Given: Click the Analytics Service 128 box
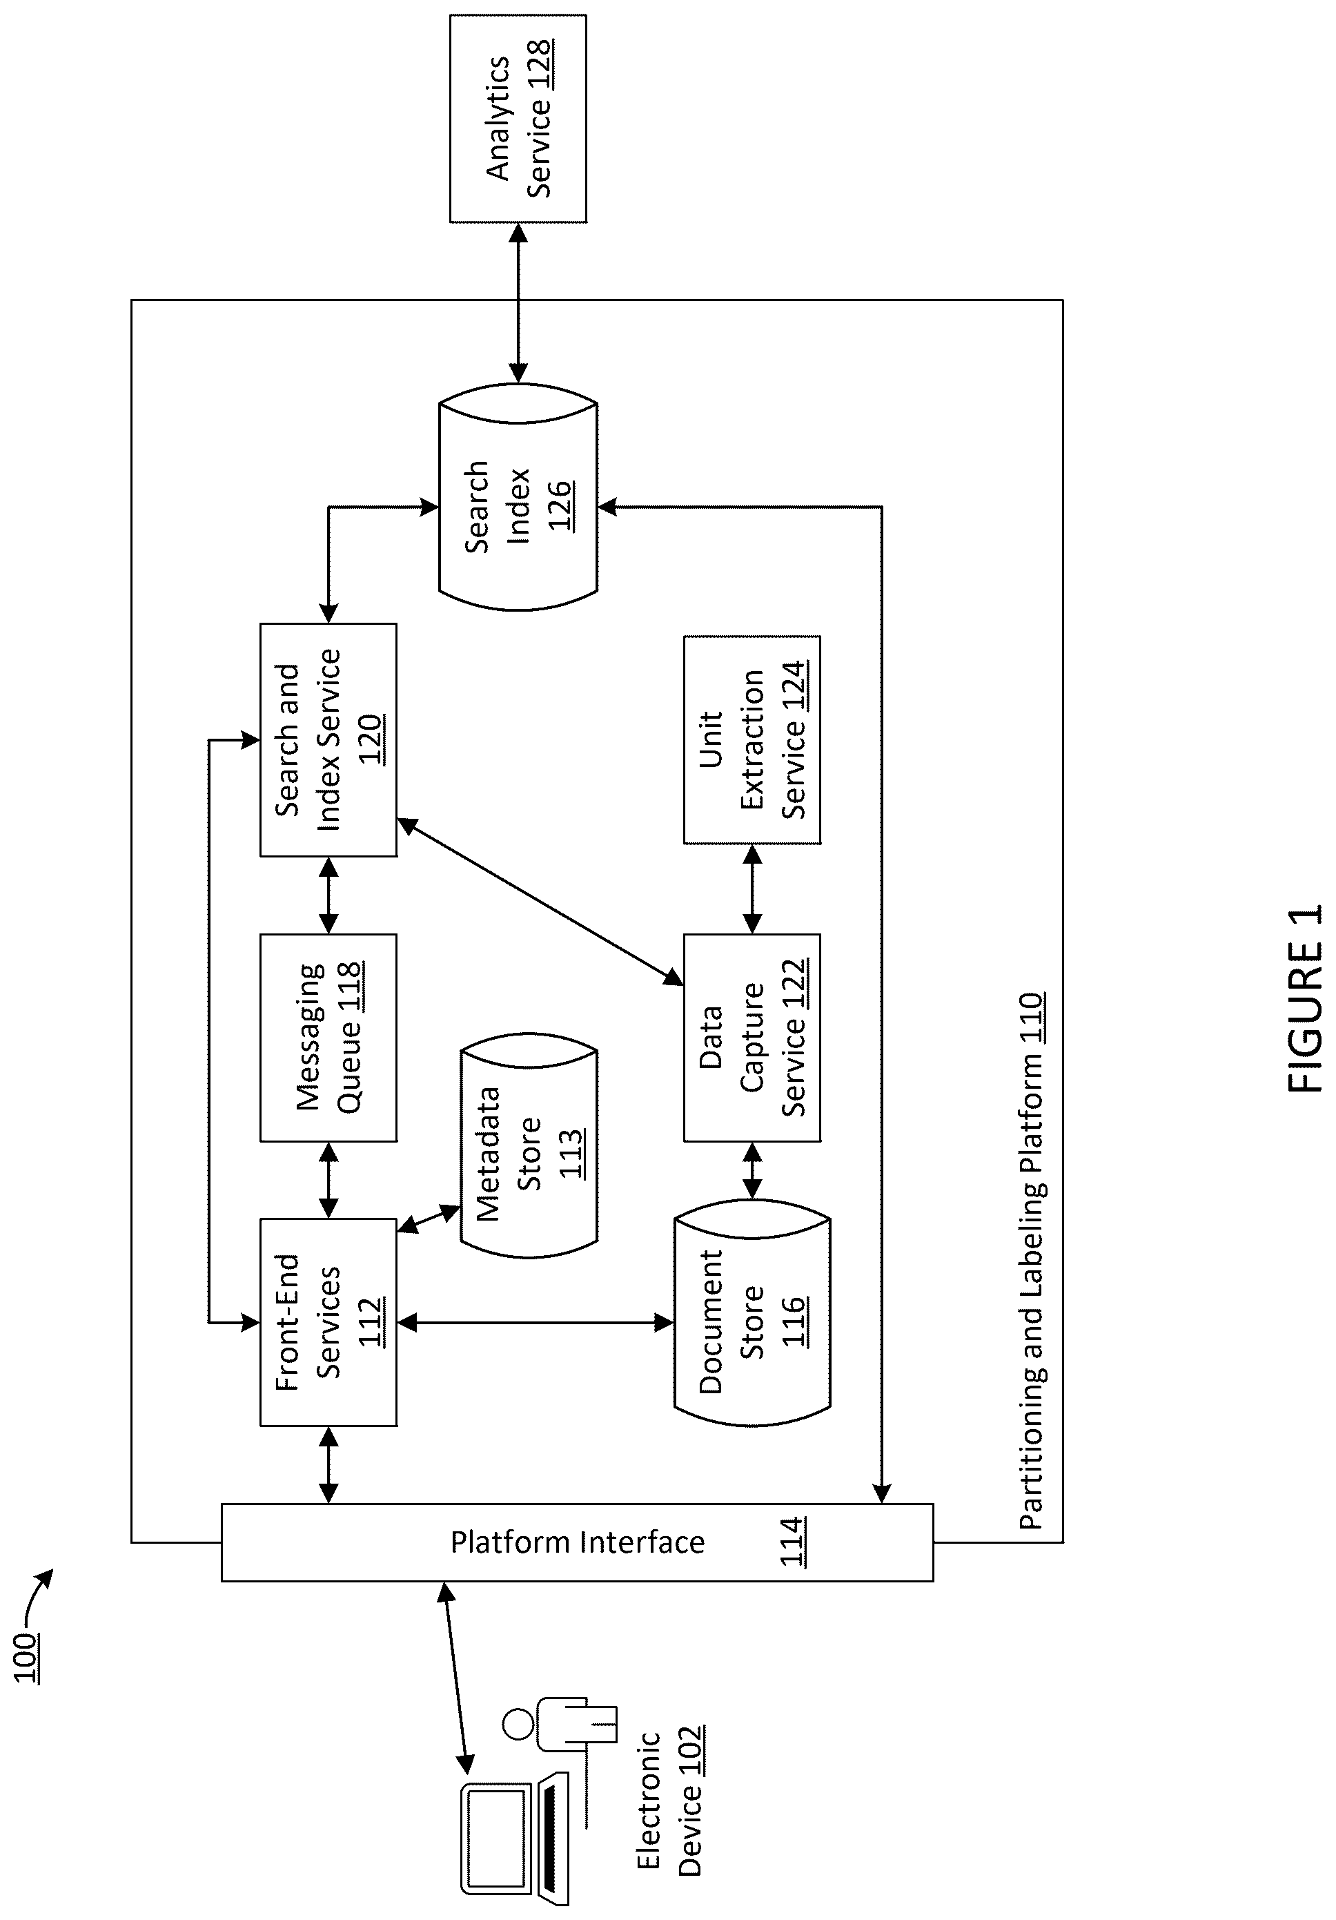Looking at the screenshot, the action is coord(518,119).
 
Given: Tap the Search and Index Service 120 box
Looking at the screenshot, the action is coord(328,740).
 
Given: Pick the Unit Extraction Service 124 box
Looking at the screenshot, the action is coord(752,740).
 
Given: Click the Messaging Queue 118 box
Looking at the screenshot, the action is coord(328,1038).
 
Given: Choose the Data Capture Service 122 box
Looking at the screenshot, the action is coord(752,1038).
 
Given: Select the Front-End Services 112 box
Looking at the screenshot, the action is coord(328,1322).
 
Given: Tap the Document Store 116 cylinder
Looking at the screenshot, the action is coord(752,1322).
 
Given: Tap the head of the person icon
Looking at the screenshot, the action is coord(519,1725).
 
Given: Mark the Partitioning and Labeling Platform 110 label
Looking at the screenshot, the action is coord(1031,1261).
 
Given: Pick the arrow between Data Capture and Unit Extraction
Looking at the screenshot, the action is coord(752,889).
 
